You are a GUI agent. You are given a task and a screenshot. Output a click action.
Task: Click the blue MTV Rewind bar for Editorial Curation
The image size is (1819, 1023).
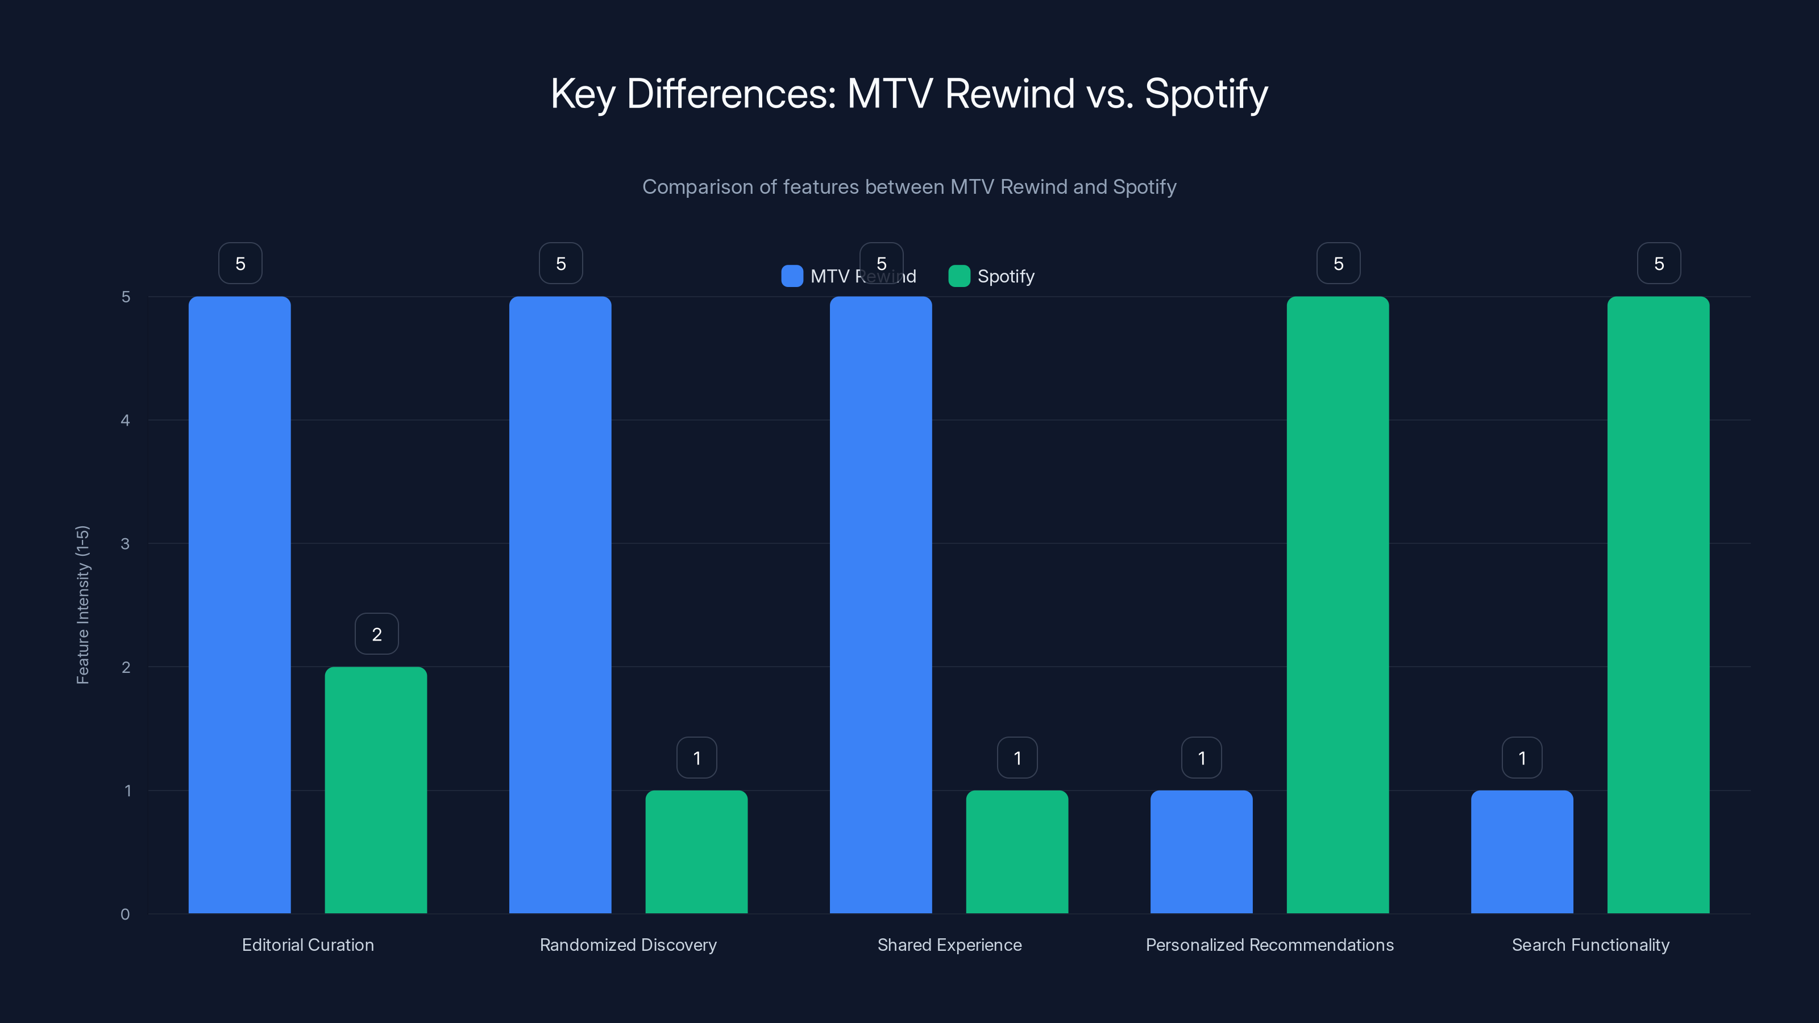pos(239,604)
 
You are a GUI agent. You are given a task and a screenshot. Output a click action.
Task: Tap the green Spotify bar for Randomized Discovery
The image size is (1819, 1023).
pos(696,851)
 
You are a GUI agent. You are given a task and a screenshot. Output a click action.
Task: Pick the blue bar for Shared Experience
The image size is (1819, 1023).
pos(881,604)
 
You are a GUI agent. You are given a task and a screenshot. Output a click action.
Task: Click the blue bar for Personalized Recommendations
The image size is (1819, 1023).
pos(1201,851)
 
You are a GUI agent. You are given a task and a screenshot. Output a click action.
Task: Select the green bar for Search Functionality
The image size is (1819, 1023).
pos(1658,604)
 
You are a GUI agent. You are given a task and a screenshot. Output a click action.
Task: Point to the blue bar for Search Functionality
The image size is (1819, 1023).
pos(1522,851)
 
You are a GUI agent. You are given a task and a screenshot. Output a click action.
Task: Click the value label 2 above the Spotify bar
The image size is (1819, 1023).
pos(376,634)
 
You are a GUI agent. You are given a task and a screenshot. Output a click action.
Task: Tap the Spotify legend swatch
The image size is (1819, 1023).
pos(959,276)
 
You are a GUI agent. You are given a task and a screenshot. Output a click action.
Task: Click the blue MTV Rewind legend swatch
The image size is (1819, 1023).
pos(792,276)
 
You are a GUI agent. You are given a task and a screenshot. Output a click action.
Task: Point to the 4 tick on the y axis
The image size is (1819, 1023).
pos(125,420)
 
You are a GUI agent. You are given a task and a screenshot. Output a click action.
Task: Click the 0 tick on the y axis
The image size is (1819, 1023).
pos(125,914)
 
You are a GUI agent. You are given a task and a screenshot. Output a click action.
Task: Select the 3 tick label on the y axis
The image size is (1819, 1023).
pos(125,544)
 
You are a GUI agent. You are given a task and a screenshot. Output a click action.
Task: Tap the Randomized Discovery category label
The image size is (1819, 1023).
pos(628,945)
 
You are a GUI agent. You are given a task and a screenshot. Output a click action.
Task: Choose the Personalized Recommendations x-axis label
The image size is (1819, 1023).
pos(1269,945)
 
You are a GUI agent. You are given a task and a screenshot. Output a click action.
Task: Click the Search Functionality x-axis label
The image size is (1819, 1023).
pos(1590,945)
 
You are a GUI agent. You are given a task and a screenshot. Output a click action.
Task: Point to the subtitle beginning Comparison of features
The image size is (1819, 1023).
pos(909,187)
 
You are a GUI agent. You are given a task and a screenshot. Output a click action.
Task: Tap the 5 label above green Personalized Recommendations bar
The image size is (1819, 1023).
pos(1338,263)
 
